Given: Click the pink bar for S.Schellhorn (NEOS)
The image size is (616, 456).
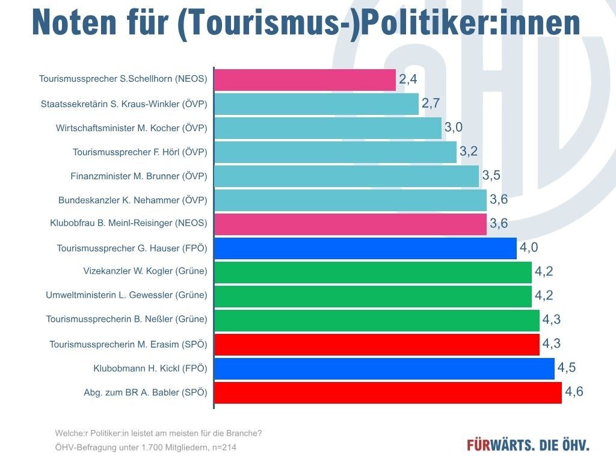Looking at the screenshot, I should pyautogui.click(x=305, y=79).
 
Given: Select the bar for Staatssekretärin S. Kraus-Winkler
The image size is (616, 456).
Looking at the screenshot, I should pyautogui.click(x=316, y=103).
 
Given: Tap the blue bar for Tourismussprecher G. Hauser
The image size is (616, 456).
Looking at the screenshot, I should pyautogui.click(x=365, y=248).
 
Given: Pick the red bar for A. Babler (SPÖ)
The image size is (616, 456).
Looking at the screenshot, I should pyautogui.click(x=388, y=392).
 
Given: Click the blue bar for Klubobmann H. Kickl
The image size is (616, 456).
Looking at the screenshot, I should pyautogui.click(x=384, y=368).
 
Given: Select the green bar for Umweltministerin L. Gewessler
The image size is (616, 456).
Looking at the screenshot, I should pyautogui.click(x=373, y=296).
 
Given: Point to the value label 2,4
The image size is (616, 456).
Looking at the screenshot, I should pyautogui.click(x=408, y=79).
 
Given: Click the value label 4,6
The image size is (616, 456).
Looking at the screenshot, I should pyautogui.click(x=574, y=392).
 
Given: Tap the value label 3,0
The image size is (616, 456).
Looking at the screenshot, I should pyautogui.click(x=453, y=127).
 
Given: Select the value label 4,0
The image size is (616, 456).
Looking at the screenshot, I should pyautogui.click(x=529, y=247).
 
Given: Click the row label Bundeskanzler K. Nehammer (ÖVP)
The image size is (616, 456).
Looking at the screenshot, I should pyautogui.click(x=132, y=200).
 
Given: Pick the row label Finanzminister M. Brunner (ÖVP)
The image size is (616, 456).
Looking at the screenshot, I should pyautogui.click(x=138, y=176).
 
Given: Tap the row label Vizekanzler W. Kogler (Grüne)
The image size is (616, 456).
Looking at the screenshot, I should pyautogui.click(x=145, y=271).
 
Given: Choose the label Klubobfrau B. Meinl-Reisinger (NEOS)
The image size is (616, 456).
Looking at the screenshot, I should pyautogui.click(x=128, y=223).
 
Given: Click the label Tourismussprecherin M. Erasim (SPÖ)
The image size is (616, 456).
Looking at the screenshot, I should pyautogui.click(x=128, y=344).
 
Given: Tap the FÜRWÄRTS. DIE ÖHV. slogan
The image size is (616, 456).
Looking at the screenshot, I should pyautogui.click(x=528, y=445).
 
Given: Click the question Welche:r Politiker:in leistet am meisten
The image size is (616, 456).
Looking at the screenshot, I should pyautogui.click(x=158, y=433).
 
